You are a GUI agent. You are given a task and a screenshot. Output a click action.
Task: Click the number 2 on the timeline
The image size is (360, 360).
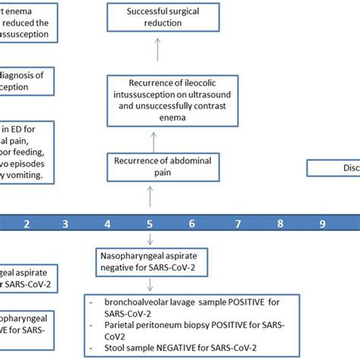27,224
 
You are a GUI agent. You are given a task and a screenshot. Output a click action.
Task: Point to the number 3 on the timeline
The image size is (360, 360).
65,224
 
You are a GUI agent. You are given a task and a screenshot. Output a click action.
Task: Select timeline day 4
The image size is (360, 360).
108,224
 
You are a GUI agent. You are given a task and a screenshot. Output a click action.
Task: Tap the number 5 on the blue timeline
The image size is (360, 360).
150,224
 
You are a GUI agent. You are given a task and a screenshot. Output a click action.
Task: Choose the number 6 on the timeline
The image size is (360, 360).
193,224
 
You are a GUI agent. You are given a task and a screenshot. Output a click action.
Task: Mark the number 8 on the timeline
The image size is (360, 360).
279,224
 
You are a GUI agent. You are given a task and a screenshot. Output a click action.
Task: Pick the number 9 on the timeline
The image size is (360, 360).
322,224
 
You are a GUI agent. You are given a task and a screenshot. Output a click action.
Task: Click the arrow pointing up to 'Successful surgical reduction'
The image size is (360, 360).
155,53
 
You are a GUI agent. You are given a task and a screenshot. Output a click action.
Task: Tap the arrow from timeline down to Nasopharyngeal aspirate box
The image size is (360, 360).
150,242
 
